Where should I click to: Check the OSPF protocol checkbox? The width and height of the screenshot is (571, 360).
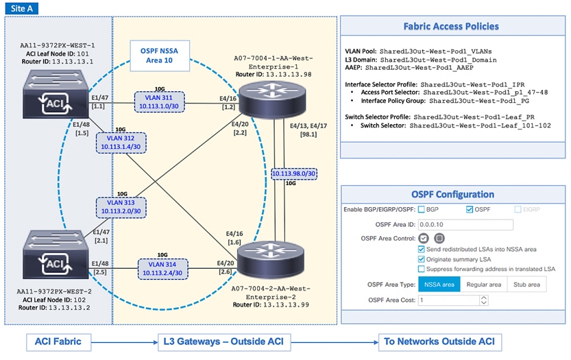coord(470,209)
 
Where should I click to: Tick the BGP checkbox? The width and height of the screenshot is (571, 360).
coord(422,209)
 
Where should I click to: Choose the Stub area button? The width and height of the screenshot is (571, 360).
coord(526,285)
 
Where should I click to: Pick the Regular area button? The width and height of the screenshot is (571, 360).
coord(483,285)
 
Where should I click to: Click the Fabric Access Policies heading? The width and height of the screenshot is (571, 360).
coord(450,27)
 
